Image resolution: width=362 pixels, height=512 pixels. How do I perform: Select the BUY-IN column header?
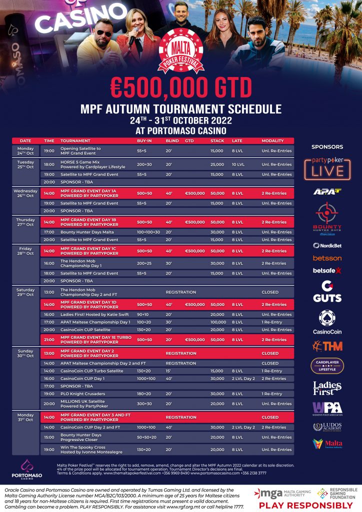click(x=144, y=141)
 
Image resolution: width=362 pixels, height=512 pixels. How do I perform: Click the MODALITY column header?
click(x=272, y=141)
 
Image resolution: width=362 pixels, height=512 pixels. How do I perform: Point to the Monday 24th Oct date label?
click(x=25, y=150)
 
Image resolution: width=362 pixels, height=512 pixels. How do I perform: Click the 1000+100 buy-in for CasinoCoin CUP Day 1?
click(x=146, y=378)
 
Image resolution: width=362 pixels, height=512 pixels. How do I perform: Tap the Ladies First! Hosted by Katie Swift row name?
click(x=92, y=314)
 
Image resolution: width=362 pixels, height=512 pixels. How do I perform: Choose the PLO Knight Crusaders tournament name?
click(x=83, y=393)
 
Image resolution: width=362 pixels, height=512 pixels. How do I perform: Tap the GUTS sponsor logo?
click(x=327, y=291)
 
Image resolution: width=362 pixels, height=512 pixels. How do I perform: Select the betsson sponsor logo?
click(x=327, y=258)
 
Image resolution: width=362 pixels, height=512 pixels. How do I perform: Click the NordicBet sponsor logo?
click(x=327, y=245)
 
